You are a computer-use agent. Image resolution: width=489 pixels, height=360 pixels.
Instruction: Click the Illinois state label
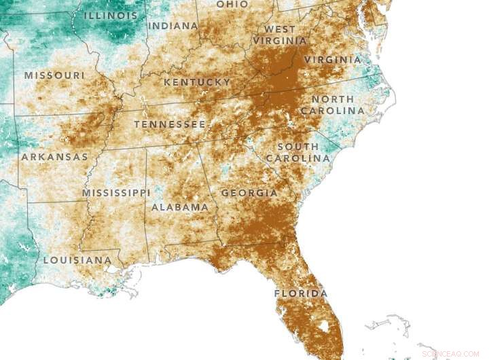[109, 15]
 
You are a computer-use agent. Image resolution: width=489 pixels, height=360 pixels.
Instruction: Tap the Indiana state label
[173, 26]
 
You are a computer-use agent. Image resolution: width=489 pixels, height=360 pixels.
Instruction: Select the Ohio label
[232, 4]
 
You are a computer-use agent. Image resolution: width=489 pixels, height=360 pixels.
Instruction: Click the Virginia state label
[333, 60]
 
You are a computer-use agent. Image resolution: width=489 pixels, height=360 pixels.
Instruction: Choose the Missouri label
[54, 75]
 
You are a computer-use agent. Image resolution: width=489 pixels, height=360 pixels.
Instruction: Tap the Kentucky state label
[197, 82]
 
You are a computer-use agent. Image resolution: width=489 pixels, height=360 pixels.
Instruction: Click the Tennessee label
[169, 124]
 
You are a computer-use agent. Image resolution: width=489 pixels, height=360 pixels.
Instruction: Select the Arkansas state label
[54, 157]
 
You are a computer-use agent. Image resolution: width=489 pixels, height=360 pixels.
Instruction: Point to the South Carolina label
[297, 152]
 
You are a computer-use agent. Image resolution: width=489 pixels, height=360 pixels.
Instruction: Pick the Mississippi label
[116, 193]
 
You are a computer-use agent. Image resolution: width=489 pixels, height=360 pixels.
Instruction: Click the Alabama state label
[180, 206]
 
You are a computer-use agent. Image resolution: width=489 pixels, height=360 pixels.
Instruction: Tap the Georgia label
[249, 193]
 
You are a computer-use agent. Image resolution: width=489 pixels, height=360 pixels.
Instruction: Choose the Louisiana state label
[77, 260]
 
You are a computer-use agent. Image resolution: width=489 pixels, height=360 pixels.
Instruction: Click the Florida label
[300, 293]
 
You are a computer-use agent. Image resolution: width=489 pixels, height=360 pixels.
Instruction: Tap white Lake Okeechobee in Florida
[323, 327]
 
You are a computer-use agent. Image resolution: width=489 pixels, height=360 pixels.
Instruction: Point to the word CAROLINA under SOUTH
[297, 158]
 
